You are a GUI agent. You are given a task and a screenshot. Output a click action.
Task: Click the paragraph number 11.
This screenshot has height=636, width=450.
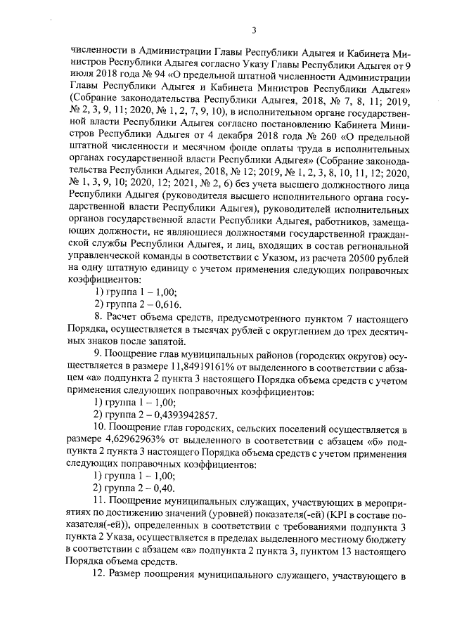100,502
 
